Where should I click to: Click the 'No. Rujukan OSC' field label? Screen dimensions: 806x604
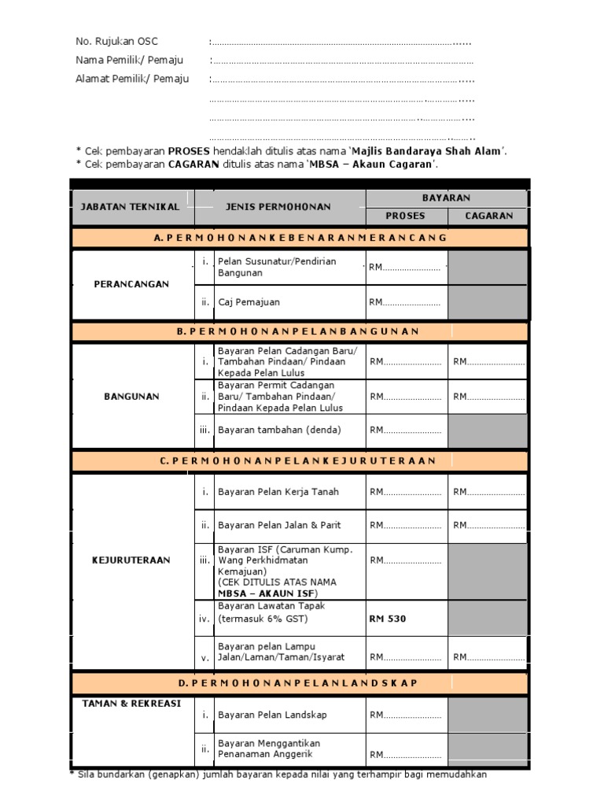[x=116, y=42]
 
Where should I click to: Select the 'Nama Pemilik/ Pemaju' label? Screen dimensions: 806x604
[x=129, y=61]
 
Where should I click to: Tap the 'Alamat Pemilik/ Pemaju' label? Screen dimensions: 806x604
[x=132, y=79]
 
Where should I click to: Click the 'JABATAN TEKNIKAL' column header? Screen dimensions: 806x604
[x=130, y=207]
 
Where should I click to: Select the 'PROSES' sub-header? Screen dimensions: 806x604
[x=405, y=216]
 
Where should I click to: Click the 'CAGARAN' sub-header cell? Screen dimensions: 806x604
[x=488, y=216]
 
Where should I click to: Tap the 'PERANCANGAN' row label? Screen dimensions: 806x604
[x=131, y=284]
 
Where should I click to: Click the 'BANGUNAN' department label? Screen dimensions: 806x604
[x=131, y=397]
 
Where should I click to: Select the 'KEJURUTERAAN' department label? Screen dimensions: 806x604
[x=131, y=560]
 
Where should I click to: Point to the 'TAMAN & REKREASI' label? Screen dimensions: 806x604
[x=131, y=704]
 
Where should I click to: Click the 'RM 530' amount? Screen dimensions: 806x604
[x=388, y=619]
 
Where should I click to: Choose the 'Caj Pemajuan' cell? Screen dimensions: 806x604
[x=249, y=302]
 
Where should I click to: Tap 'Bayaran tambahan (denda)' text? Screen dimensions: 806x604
[x=273, y=430]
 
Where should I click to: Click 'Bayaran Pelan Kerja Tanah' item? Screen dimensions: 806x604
[x=278, y=492]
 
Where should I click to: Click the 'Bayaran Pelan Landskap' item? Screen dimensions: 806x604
[x=272, y=715]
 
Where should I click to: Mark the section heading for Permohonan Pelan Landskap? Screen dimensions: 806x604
[x=300, y=682]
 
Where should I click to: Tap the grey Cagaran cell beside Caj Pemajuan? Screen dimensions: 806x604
[x=488, y=302]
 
